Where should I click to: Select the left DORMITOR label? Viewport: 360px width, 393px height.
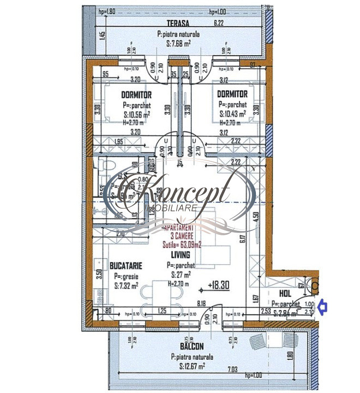coord(136,94)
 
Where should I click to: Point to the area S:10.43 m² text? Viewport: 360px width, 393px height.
coord(232,114)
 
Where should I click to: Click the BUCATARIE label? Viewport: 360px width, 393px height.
coord(126,265)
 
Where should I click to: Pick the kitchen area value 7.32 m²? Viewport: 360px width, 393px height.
coord(125,284)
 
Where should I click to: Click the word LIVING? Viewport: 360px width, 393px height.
coord(179,254)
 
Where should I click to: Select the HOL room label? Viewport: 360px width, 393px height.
coord(285,293)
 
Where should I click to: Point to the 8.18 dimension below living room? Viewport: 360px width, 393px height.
coord(201,303)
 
